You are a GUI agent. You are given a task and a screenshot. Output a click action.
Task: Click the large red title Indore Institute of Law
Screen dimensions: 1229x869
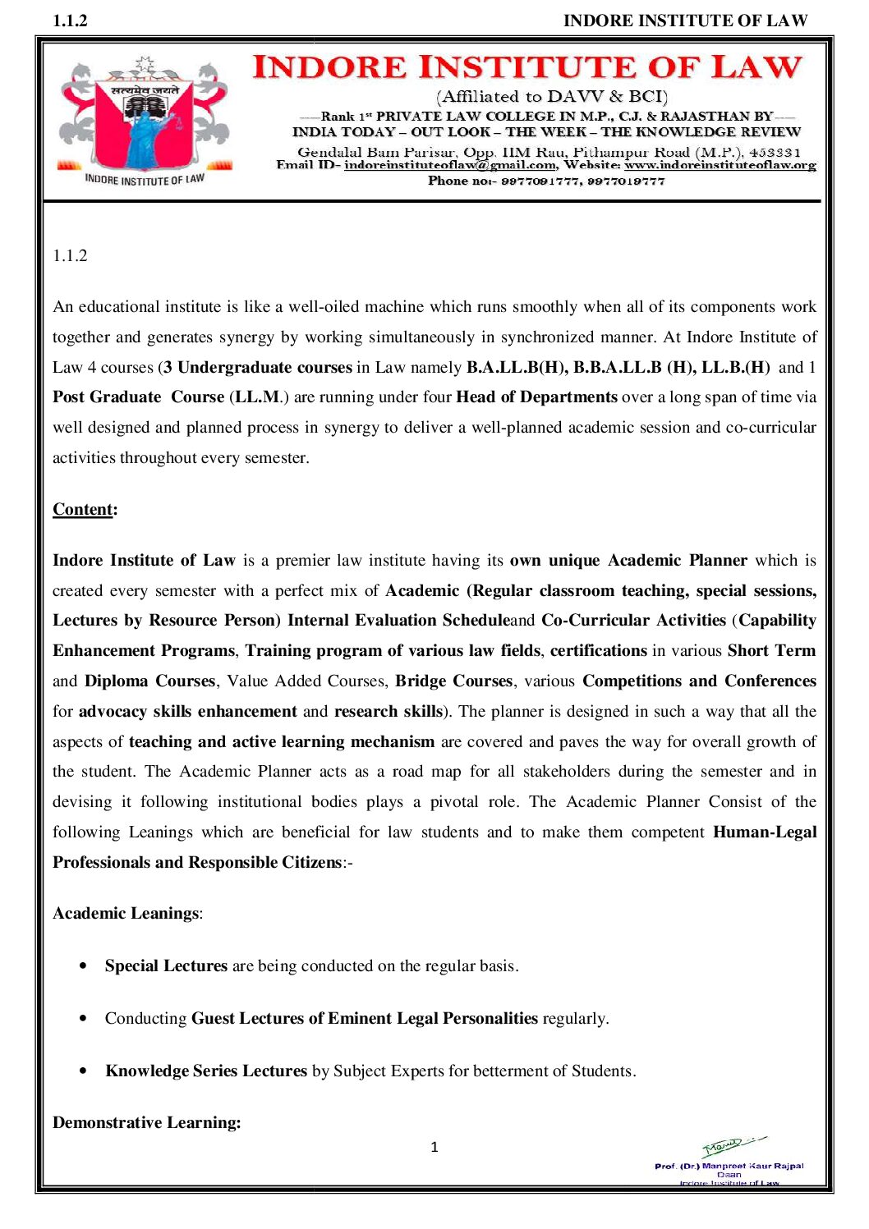tap(526, 67)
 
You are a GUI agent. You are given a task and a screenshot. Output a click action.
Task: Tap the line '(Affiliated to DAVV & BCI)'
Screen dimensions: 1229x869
tap(552, 97)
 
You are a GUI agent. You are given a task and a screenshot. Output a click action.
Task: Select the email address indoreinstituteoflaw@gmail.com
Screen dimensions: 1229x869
tap(449, 165)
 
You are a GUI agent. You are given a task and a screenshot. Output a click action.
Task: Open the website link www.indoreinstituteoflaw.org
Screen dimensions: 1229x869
tap(720, 165)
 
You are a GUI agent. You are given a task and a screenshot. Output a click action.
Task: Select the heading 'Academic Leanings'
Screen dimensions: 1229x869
tap(126, 913)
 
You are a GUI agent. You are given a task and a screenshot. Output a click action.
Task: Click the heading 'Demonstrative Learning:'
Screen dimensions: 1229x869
tap(147, 1122)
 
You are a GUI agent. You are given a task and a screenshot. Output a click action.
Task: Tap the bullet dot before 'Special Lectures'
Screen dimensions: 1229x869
tap(83, 966)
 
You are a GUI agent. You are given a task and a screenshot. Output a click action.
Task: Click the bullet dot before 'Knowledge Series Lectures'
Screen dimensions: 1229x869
tap(83, 1071)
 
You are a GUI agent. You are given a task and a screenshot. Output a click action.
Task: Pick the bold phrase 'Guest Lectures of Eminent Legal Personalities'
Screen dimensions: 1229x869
tap(365, 1018)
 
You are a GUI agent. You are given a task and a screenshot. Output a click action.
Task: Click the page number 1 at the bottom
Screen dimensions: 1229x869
tap(434, 1147)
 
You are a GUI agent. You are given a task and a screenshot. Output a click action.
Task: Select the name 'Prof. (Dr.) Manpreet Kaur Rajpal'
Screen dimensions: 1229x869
tap(729, 1166)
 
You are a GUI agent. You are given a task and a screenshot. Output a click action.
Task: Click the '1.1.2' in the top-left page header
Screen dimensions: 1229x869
tap(70, 21)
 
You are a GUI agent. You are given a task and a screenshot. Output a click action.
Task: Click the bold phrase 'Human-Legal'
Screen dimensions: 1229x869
tap(765, 832)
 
